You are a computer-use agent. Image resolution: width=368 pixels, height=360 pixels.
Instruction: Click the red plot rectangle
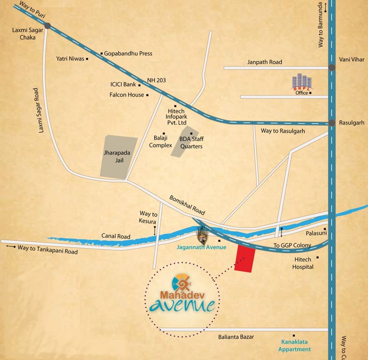click(x=245, y=258)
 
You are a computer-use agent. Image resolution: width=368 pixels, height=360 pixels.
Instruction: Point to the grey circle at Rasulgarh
click(x=332, y=123)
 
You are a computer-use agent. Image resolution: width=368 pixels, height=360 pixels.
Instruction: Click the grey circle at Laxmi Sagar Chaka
click(x=48, y=26)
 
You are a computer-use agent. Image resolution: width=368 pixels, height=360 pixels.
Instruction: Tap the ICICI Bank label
click(x=123, y=85)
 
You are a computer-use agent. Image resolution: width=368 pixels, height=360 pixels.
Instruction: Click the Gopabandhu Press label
click(x=128, y=53)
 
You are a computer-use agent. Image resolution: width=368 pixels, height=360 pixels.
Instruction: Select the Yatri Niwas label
click(x=70, y=59)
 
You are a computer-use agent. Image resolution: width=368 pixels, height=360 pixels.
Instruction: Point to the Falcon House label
click(x=126, y=95)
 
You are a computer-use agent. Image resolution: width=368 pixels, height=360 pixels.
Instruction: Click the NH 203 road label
click(x=156, y=81)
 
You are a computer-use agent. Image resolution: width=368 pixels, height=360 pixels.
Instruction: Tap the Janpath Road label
click(x=265, y=62)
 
